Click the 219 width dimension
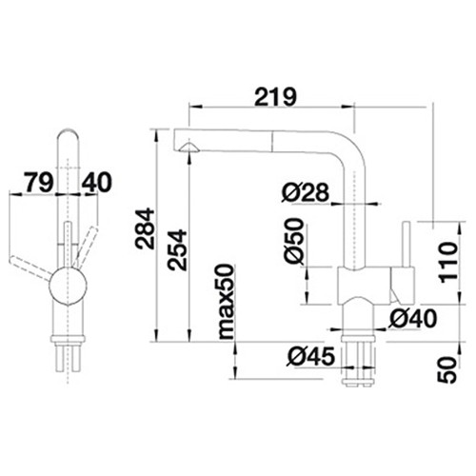275,97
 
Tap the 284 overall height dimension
145,228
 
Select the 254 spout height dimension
177,250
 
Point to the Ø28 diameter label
306,192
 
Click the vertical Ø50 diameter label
293,241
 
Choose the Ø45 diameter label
311,356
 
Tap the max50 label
227,302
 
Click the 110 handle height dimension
447,262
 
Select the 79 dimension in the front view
39,182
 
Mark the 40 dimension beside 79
97,182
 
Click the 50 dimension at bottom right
447,370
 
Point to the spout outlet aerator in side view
189,148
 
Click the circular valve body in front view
68,286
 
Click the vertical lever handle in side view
406,245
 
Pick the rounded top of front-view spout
68,133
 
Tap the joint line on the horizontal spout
271,141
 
